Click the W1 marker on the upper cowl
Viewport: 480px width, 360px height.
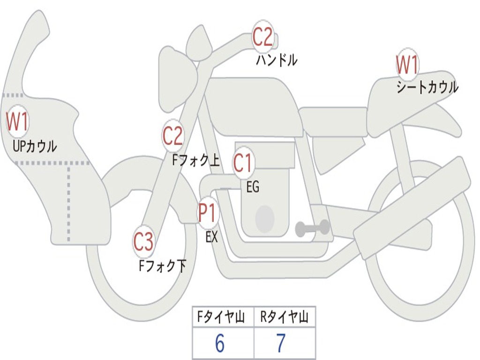[17, 122]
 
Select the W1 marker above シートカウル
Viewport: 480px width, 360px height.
[407, 65]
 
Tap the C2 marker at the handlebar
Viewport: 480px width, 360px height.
[262, 37]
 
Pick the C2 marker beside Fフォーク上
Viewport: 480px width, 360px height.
[172, 136]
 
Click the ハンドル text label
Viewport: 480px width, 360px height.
[277, 60]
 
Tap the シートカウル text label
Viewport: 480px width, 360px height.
[427, 87]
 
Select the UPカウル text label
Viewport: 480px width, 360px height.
[35, 146]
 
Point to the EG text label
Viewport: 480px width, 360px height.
[253, 187]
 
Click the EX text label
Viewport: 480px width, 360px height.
[212, 237]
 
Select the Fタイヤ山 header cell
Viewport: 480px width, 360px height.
[223, 318]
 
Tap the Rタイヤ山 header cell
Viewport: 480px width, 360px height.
[284, 318]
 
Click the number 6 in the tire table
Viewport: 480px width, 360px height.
[220, 344]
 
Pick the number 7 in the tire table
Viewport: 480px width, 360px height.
[281, 344]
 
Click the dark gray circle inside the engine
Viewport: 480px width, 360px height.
[265, 218]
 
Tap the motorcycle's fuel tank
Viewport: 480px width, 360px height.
[253, 105]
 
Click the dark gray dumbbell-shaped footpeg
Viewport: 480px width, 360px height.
[313, 228]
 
